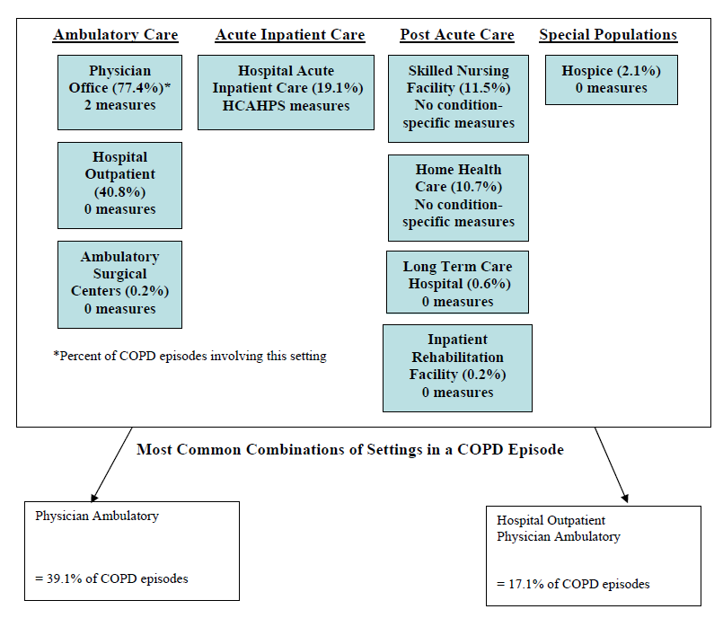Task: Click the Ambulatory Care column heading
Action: [x=115, y=35]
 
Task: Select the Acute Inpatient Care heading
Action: [x=289, y=35]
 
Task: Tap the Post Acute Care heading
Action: [x=456, y=35]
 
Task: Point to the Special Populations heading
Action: [x=608, y=35]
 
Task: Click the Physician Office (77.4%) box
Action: [x=119, y=88]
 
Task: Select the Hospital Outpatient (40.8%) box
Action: [x=119, y=184]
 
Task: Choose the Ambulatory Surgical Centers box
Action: [x=119, y=284]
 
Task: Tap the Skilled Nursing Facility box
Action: [x=458, y=97]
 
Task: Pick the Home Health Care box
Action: [x=458, y=197]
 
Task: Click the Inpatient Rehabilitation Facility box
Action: [x=457, y=366]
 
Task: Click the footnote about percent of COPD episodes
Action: [x=190, y=356]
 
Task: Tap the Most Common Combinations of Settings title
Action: [x=350, y=449]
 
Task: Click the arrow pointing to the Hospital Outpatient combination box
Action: [x=611, y=464]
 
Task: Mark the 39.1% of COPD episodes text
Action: [x=111, y=578]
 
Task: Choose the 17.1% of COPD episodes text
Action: [x=573, y=584]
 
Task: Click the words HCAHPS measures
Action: [x=286, y=106]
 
